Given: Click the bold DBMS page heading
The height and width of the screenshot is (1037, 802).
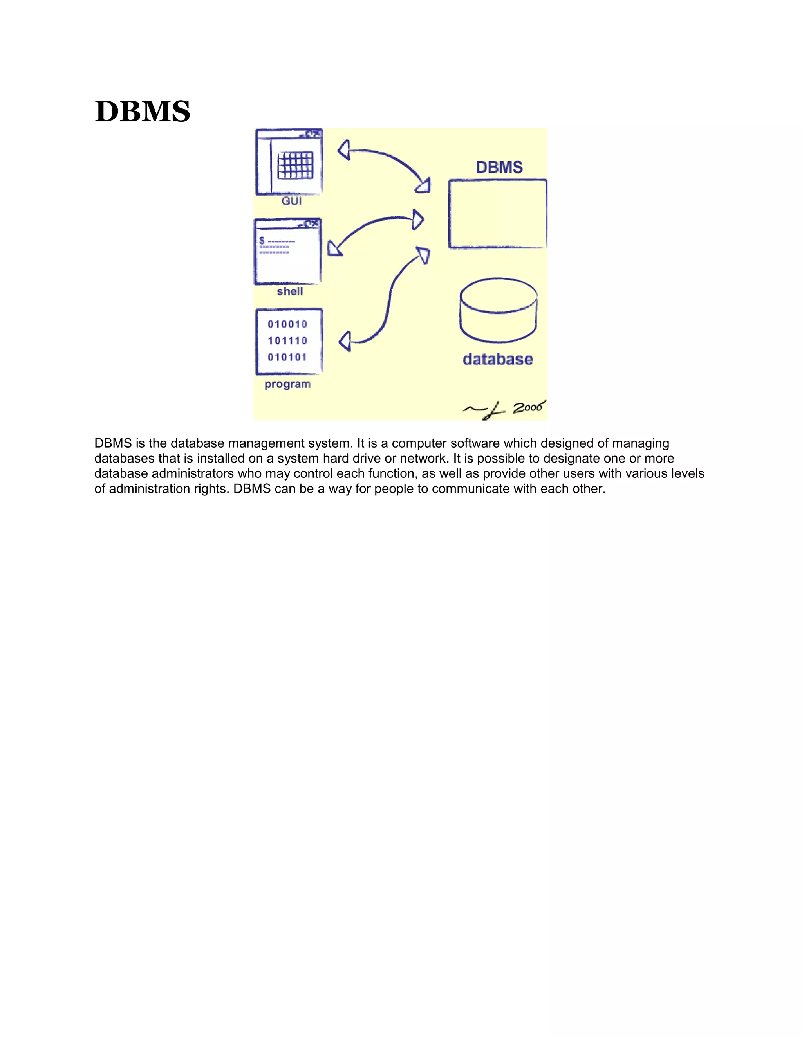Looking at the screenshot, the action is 142,112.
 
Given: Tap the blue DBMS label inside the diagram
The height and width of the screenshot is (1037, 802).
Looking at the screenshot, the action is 499,167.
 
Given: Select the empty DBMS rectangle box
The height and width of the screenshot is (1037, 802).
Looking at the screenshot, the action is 497,214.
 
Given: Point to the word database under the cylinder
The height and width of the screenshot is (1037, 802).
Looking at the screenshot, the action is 497,359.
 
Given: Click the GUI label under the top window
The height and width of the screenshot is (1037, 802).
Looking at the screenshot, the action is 291,201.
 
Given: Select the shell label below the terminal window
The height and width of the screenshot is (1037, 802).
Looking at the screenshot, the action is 290,291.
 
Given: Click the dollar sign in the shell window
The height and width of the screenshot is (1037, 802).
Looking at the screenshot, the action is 262,241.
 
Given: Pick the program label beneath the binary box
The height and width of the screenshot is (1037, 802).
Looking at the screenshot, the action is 287,384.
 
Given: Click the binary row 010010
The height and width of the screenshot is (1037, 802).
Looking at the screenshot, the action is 287,324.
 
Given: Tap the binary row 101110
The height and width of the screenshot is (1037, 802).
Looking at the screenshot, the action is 287,340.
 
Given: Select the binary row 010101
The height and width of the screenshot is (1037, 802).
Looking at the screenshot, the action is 287,357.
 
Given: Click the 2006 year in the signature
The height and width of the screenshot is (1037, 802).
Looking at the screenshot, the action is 528,407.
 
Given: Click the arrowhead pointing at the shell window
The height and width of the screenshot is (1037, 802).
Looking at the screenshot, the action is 334,249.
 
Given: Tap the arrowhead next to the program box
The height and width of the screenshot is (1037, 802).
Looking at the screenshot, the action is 345,341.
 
